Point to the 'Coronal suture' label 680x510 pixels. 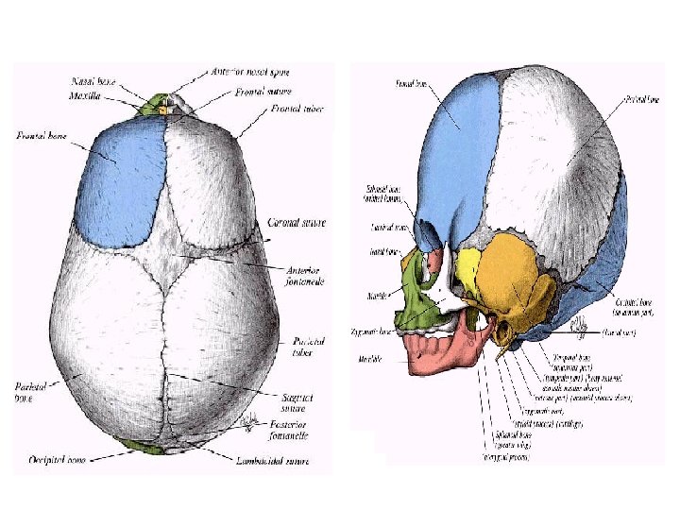297,223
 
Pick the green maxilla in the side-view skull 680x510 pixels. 414,300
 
